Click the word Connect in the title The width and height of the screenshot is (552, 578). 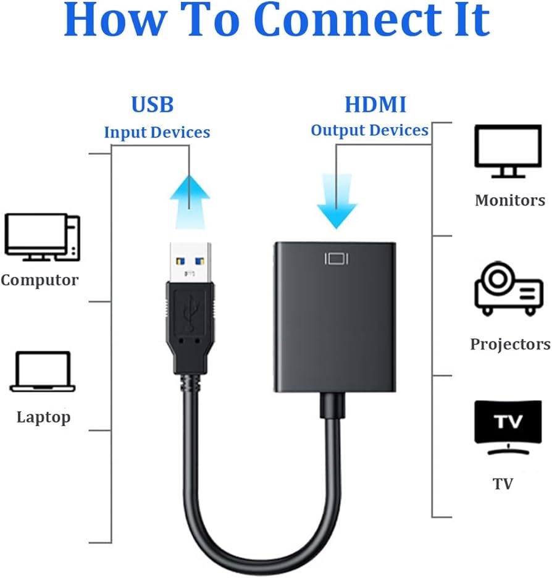tap(348, 20)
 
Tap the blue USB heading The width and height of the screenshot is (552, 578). tap(153, 104)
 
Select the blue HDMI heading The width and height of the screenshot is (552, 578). tap(375, 104)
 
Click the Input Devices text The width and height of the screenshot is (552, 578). tap(157, 132)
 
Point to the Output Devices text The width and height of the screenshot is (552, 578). tap(370, 130)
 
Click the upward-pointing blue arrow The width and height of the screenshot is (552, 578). tap(190, 202)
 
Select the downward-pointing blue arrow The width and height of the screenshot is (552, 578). tap(337, 201)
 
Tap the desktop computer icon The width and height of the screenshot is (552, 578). tap(43, 237)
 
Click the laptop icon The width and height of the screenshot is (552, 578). tap(43, 372)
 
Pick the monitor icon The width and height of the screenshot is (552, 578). tap(508, 151)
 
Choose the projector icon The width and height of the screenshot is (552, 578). tap(509, 288)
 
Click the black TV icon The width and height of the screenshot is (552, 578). tap(508, 427)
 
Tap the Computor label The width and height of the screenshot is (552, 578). tap(40, 280)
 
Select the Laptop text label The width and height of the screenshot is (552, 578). tap(43, 417)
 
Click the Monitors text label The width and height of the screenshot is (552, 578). tap(510, 201)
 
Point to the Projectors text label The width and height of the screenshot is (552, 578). tap(511, 345)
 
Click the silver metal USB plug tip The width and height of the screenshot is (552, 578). tap(190, 262)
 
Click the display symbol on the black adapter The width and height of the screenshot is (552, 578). tap(337, 259)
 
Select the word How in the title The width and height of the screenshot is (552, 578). tap(115, 20)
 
